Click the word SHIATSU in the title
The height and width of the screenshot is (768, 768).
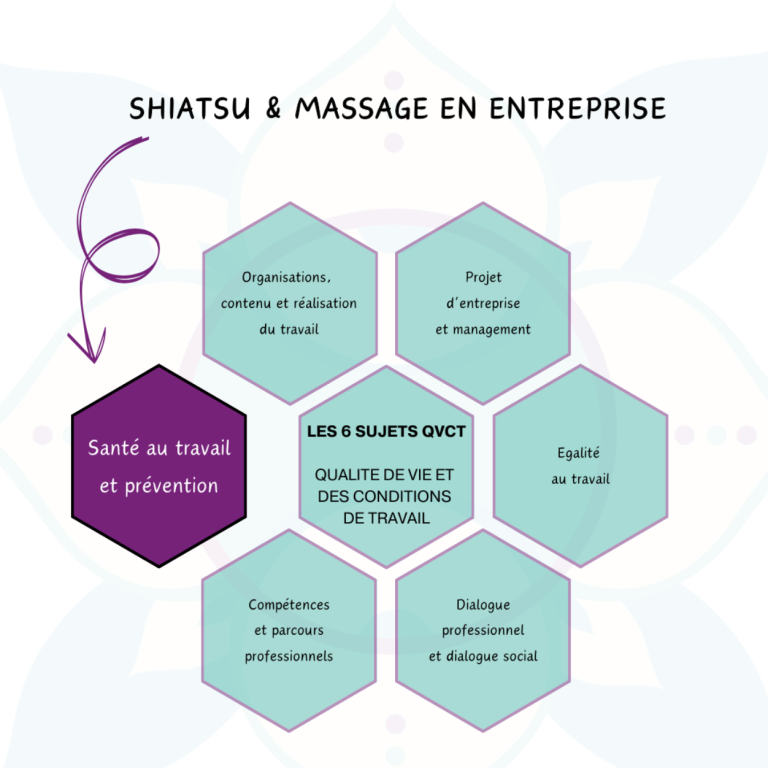(x=190, y=108)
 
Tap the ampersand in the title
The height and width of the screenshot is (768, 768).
(x=273, y=108)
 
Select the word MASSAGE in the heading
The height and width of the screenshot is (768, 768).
(x=361, y=108)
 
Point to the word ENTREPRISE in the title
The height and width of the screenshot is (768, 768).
(x=577, y=108)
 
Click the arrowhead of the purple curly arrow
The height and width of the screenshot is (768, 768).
(x=88, y=347)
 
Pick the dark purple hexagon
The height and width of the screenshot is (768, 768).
(x=159, y=466)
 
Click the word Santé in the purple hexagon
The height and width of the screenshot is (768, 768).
(x=114, y=448)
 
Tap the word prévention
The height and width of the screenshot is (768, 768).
(x=171, y=486)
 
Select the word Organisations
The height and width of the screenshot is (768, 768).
(x=286, y=278)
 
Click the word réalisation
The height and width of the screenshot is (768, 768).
(x=325, y=303)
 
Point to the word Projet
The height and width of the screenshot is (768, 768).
(x=483, y=278)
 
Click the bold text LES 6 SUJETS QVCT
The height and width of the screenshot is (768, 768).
(x=386, y=432)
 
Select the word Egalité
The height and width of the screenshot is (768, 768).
(x=578, y=453)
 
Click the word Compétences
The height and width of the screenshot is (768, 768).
(x=289, y=605)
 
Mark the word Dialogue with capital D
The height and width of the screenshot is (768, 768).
(x=483, y=605)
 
